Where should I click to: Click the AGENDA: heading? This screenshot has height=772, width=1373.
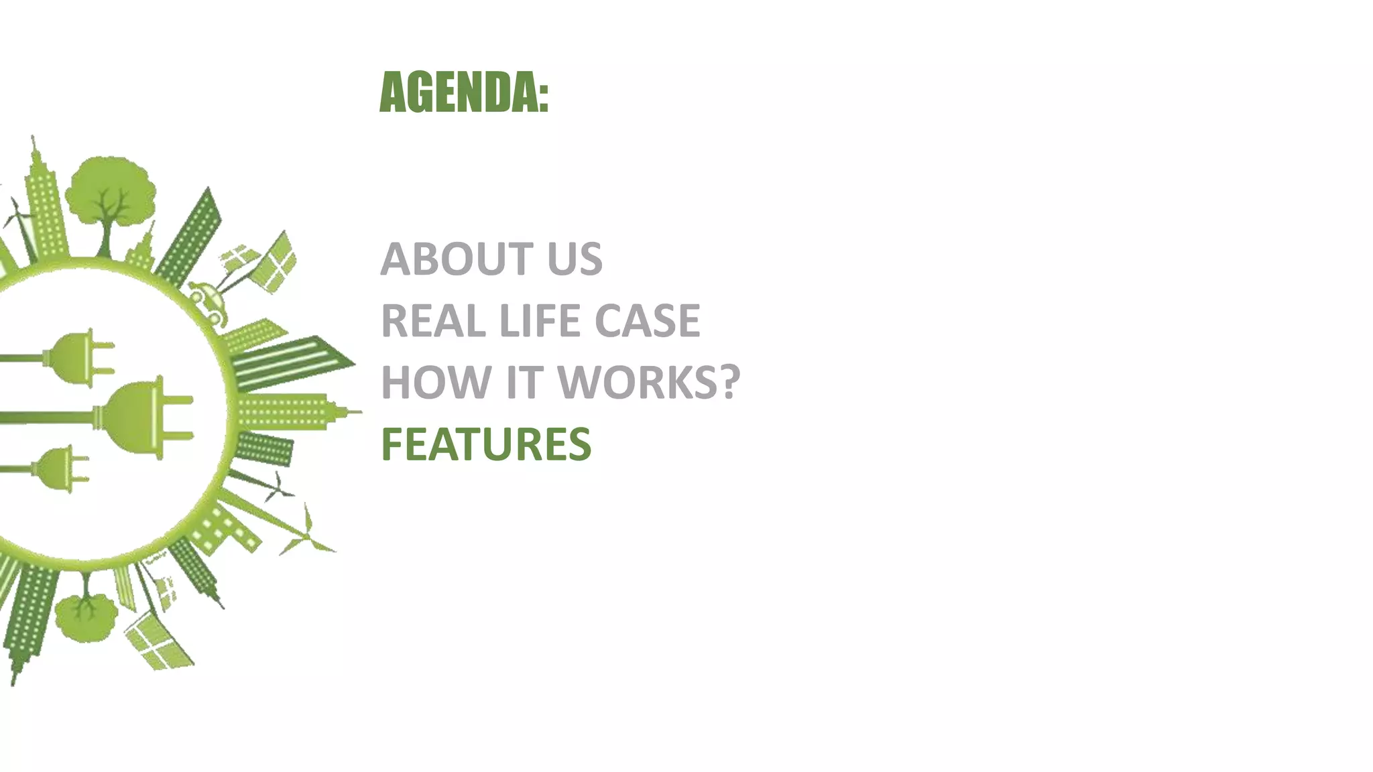pos(464,92)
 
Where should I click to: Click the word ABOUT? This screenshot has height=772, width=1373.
pos(457,259)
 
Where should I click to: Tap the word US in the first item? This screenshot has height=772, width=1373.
pos(575,259)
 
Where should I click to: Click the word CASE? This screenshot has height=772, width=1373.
pos(647,321)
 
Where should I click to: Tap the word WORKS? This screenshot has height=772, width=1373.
pos(648,383)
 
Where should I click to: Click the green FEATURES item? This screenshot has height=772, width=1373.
pos(486,444)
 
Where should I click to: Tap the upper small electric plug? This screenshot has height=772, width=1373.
pos(80,357)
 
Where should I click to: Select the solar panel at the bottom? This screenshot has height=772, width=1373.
pos(158,640)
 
